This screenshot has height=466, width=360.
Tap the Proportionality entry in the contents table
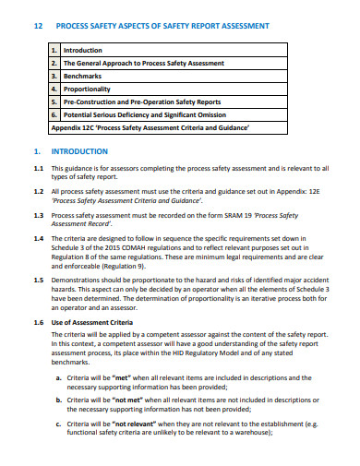coord(88,89)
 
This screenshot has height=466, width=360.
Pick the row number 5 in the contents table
coord(54,102)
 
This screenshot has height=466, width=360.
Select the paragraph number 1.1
coord(38,169)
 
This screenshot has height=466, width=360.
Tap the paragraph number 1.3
coord(38,215)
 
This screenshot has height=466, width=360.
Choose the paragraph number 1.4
coord(38,238)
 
